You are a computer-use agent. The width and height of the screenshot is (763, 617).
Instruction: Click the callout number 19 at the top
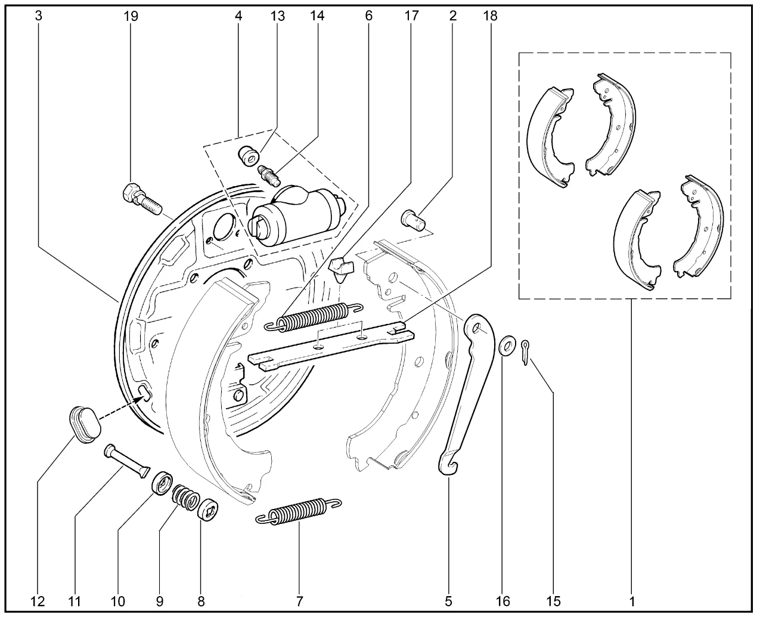coord(131,16)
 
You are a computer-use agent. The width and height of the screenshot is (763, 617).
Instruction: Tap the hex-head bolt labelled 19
coord(142,199)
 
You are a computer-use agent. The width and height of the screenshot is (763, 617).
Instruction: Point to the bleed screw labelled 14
coord(269,175)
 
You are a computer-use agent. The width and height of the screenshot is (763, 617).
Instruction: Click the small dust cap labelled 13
coord(249,156)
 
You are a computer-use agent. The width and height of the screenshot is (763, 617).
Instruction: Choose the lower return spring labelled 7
coord(299,511)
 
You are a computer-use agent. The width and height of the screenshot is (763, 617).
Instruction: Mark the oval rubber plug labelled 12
coord(85,424)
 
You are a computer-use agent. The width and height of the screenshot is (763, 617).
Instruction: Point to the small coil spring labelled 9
coord(186,497)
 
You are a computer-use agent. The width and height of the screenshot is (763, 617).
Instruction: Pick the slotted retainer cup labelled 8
coord(208,510)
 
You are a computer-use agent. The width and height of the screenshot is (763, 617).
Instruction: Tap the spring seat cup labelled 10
coord(162,483)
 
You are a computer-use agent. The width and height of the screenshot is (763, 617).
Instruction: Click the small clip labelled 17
coord(340,269)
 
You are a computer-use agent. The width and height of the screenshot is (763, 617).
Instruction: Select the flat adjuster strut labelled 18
coord(331,346)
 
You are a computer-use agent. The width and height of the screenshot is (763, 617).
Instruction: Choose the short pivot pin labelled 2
coord(413,220)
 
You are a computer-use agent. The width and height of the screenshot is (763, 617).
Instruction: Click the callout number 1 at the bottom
coord(632,601)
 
